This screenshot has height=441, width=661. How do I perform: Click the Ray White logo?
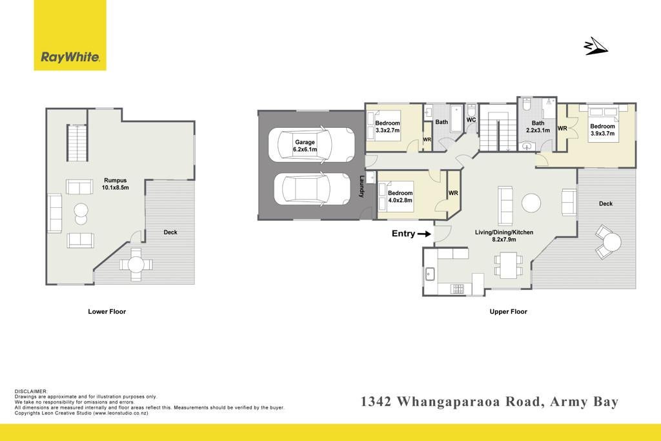pyautogui.click(x=70, y=36)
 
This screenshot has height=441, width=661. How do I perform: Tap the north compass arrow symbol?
pyautogui.click(x=596, y=46)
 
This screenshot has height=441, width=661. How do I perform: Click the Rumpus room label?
pyautogui.click(x=115, y=184)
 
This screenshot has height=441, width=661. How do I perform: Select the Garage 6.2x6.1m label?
pyautogui.click(x=305, y=146)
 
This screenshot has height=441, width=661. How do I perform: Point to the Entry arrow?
pyautogui.click(x=423, y=234)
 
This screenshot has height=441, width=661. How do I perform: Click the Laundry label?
pyautogui.click(x=361, y=187)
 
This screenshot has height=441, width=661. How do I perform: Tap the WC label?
pyautogui.click(x=471, y=119)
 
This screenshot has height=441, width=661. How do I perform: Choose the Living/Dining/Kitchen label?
pyautogui.click(x=503, y=236)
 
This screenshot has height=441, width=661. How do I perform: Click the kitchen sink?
pyautogui.click(x=429, y=274)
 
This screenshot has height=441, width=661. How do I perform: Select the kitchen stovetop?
pyautogui.click(x=457, y=289)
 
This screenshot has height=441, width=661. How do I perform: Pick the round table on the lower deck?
pyautogui.click(x=136, y=264)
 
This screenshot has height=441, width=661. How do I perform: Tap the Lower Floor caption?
pyautogui.click(x=107, y=312)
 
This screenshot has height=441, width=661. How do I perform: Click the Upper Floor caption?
pyautogui.click(x=509, y=312)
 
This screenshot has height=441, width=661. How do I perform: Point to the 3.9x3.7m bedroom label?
pyautogui.click(x=602, y=130)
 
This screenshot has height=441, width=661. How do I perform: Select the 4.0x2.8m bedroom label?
pyautogui.click(x=400, y=197)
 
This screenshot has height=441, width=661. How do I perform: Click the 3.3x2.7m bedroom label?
pyautogui.click(x=387, y=127)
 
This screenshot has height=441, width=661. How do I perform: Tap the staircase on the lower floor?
pyautogui.click(x=77, y=143)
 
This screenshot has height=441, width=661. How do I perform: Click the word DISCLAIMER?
pyautogui.click(x=31, y=392)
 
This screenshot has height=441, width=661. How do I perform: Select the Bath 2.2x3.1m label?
pyautogui.click(x=538, y=127)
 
